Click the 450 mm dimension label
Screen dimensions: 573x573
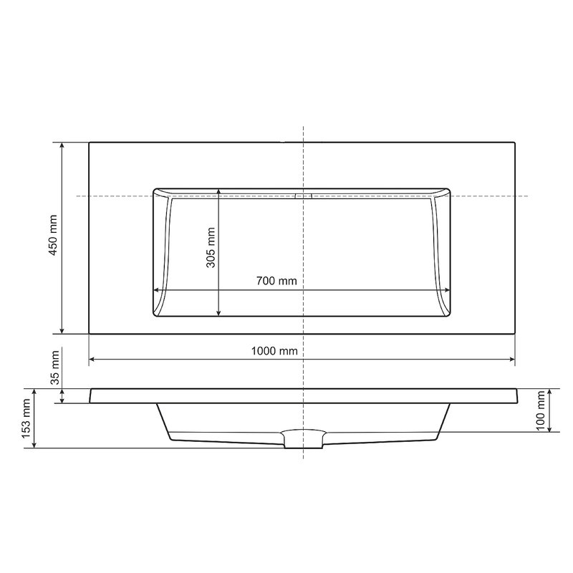(x=53, y=235)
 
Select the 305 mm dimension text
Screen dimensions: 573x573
(x=211, y=247)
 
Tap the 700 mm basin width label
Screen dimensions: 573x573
(x=276, y=281)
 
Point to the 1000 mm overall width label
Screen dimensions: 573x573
(x=274, y=351)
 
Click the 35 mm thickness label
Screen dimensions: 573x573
(x=54, y=367)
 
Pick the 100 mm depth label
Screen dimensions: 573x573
(x=541, y=410)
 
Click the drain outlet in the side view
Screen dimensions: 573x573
(x=303, y=439)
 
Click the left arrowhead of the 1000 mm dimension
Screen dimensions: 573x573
(x=92, y=360)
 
